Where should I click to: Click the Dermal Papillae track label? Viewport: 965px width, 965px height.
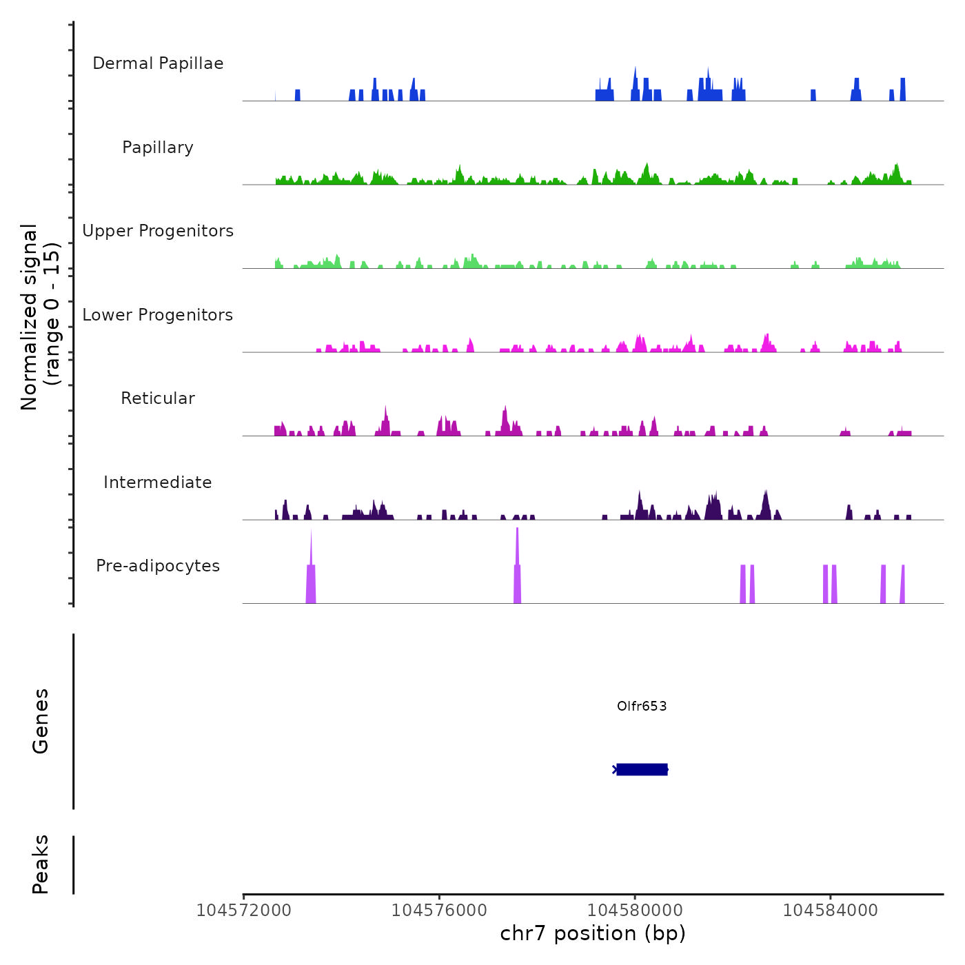(158, 63)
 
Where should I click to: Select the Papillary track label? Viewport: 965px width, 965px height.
(158, 148)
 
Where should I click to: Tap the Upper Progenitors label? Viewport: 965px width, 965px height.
(158, 231)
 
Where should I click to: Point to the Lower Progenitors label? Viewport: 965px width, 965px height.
(158, 315)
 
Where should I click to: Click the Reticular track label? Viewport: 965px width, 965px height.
(158, 398)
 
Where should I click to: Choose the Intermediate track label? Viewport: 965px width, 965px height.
(158, 482)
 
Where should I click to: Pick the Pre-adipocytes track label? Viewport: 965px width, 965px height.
(158, 566)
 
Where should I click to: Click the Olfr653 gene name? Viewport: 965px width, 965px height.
(642, 706)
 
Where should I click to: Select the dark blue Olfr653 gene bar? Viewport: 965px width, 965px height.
(642, 769)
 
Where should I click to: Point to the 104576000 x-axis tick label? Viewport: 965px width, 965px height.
(439, 911)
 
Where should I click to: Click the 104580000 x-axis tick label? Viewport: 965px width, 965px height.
(635, 911)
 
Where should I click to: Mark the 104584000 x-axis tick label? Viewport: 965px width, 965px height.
(831, 911)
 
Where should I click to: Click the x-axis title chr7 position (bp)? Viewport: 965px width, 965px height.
(593, 933)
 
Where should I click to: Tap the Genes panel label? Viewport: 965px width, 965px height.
(41, 721)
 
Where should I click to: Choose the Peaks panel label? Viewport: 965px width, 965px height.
(41, 864)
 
